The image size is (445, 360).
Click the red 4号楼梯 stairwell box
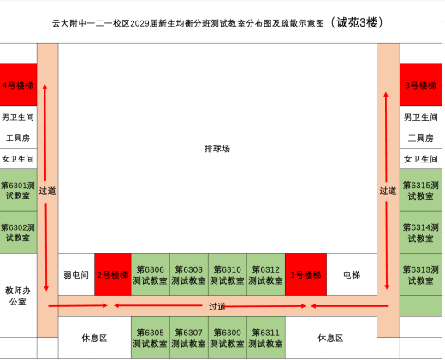tap(18, 85)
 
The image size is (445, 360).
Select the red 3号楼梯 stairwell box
tap(421, 85)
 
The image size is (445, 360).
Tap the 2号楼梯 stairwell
tap(113, 274)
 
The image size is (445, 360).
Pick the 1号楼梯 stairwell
tap(306, 274)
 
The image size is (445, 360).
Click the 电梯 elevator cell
tap(352, 274)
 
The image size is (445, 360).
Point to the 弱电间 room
tap(76, 274)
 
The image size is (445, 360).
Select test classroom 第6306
tap(151, 274)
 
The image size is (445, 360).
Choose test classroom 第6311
tap(266, 338)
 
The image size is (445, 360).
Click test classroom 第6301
tap(18, 190)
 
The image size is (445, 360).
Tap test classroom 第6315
tap(421, 190)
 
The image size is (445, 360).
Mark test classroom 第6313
tap(421, 274)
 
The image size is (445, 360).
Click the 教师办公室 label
tap(18, 296)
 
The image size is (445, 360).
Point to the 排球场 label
tap(217, 149)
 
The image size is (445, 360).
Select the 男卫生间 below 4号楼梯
tap(18, 116)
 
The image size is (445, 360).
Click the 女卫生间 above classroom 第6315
tap(421, 159)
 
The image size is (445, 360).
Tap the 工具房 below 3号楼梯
tap(421, 138)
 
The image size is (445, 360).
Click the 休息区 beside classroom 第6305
tap(95, 338)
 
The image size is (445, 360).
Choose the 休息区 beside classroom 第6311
tap(331, 338)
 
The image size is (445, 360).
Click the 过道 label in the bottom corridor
tap(217, 306)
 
